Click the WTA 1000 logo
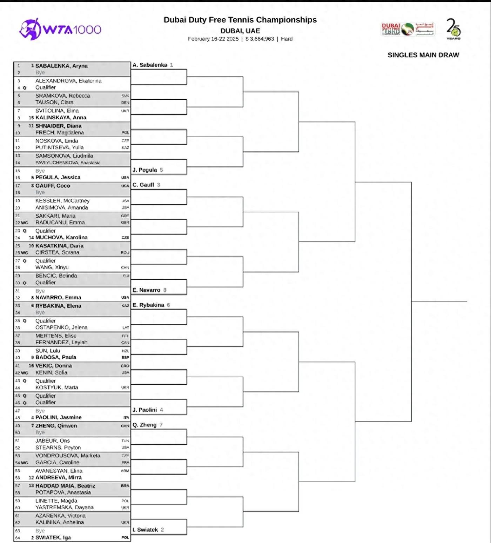(x=60, y=29)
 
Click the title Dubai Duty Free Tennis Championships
(x=240, y=20)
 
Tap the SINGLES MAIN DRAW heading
(x=423, y=55)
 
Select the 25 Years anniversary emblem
(x=453, y=29)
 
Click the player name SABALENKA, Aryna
(x=61, y=66)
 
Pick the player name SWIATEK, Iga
(x=53, y=537)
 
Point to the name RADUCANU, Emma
(x=60, y=223)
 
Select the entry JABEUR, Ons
(x=53, y=441)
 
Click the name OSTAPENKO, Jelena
(x=61, y=327)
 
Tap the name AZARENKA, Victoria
(x=60, y=516)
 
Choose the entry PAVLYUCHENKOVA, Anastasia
(x=68, y=163)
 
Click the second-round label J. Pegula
(x=144, y=170)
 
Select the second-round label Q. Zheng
(x=144, y=425)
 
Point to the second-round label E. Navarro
(x=146, y=290)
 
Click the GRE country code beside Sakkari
(x=125, y=216)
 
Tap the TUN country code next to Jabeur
(x=125, y=441)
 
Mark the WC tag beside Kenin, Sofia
(x=25, y=373)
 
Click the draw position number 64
(x=18, y=538)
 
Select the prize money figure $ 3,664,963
(x=260, y=39)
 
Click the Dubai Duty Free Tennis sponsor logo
(x=407, y=29)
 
